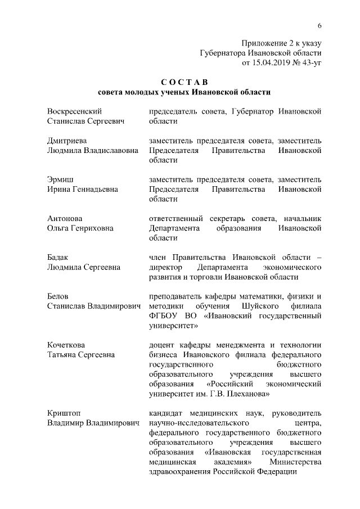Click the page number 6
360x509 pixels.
[x=319, y=26]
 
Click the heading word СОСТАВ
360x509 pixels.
[x=180, y=83]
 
